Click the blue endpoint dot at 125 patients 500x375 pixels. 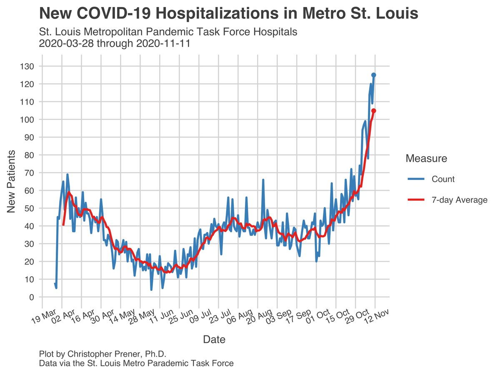click(374, 75)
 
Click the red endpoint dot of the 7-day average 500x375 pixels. click(374, 111)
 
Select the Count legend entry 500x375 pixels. click(443, 179)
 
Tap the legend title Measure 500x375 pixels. click(426, 159)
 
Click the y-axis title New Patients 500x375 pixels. click(12, 181)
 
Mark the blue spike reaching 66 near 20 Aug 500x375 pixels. click(263, 180)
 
